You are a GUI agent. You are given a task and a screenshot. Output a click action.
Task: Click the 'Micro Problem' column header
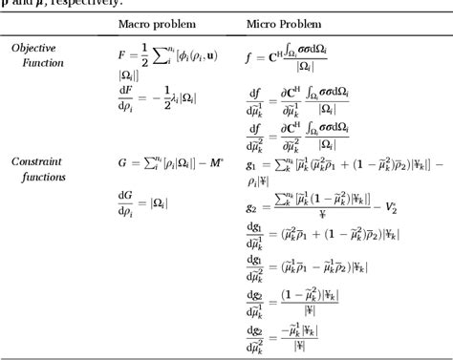coord(283,22)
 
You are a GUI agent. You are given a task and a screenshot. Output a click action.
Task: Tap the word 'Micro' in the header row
coord(263,22)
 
